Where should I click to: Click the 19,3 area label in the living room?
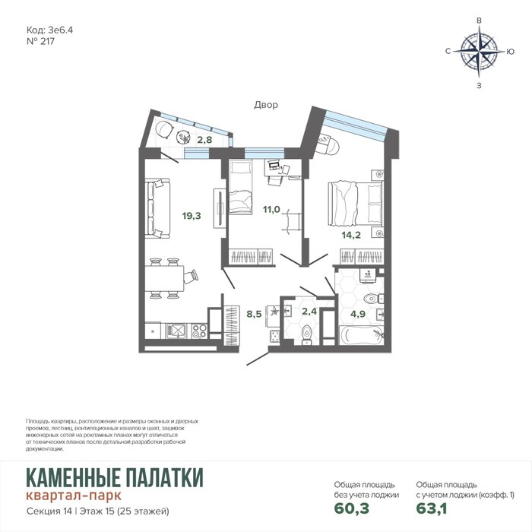coord(192,216)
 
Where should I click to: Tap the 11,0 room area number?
coord(271,209)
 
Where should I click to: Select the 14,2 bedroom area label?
coord(351,235)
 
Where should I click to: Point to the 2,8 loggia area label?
coord(204,139)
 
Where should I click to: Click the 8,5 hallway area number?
coord(254,314)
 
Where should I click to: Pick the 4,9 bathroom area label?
coord(358,314)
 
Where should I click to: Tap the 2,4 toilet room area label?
coord(309,311)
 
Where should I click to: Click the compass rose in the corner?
coord(479,52)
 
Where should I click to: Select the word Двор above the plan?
coord(266,105)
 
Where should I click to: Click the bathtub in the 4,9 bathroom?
coord(362,335)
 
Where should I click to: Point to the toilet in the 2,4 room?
coord(306,334)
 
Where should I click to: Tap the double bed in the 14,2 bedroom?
coord(355,204)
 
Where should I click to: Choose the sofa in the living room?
coord(157,208)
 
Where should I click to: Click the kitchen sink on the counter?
coord(176,331)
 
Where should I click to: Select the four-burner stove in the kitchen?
coord(199,331)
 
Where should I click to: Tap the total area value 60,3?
coord(352,508)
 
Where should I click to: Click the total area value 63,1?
coord(432,508)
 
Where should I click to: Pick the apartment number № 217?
coord(40,41)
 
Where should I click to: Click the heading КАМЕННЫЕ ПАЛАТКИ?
coord(115,477)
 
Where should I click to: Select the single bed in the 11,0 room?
coord(241,187)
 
